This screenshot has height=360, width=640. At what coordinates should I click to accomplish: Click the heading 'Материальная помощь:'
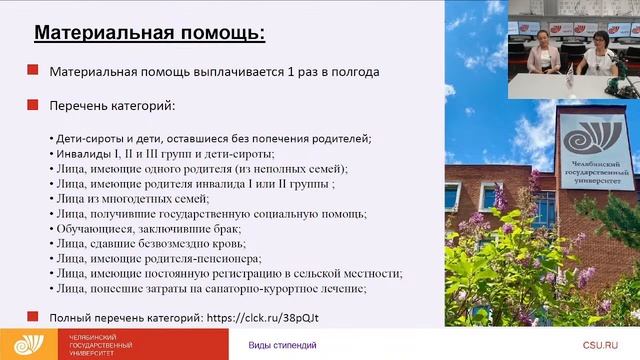click(150, 33)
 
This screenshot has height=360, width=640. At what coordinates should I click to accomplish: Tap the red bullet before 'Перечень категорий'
click(33, 104)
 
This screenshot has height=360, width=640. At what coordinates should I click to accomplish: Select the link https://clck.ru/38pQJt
click(269, 317)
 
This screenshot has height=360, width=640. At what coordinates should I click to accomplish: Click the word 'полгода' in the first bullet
click(354, 72)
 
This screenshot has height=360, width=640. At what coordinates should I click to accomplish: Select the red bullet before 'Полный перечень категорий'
click(33, 317)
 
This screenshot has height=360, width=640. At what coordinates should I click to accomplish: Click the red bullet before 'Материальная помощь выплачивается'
click(33, 72)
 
